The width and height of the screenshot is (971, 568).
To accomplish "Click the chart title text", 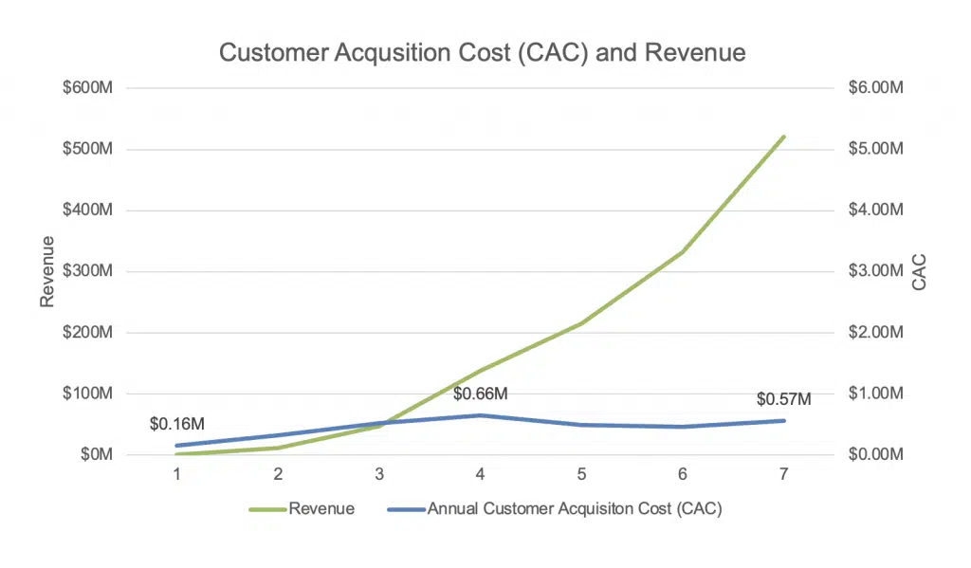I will pyautogui.click(x=482, y=52).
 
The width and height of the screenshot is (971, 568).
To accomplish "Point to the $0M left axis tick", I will pyautogui.click(x=96, y=454).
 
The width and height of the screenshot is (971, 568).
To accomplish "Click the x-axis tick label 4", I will pyautogui.click(x=481, y=474).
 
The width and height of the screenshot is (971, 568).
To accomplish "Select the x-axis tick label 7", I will pyautogui.click(x=784, y=474).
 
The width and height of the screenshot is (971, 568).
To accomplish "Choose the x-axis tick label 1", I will pyautogui.click(x=177, y=474).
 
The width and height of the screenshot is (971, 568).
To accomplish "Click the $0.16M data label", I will pyautogui.click(x=177, y=424).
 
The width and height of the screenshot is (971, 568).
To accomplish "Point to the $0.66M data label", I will pyautogui.click(x=481, y=394).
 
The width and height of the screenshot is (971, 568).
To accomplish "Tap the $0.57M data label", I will pyautogui.click(x=784, y=399).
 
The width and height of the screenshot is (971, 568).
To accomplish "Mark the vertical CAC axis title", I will pyautogui.click(x=918, y=271).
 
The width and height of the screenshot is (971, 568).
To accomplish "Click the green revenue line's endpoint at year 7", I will pyautogui.click(x=784, y=137).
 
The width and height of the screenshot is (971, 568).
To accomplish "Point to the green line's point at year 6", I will pyautogui.click(x=683, y=251).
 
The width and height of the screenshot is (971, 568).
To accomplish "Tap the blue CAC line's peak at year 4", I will pyautogui.click(x=481, y=415).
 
